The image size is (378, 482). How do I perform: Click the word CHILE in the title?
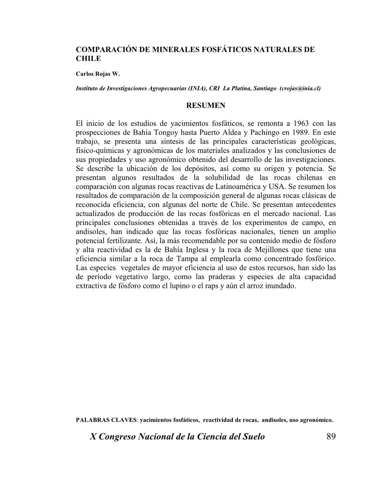click(88, 58)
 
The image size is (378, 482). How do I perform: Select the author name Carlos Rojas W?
click(98, 75)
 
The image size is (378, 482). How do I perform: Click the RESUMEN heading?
click(206, 105)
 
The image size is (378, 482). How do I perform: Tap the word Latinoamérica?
click(237, 186)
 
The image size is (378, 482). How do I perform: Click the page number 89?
click(331, 437)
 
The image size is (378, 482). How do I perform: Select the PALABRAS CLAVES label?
click(106, 420)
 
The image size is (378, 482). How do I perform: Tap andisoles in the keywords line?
click(274, 420)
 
